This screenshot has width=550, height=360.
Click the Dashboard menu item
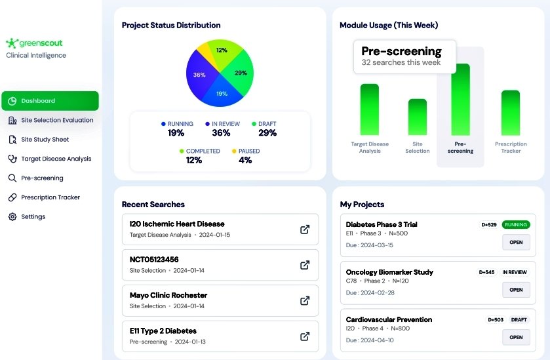[x=50, y=101]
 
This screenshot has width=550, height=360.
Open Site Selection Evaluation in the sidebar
[x=57, y=120]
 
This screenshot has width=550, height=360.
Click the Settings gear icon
[x=12, y=217]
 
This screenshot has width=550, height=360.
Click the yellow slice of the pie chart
[x=205, y=51]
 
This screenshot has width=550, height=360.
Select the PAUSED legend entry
[x=245, y=155]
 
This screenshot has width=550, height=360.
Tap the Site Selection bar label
[x=418, y=148]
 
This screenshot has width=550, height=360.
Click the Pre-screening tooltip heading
[x=401, y=51]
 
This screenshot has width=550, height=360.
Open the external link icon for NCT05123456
[x=305, y=265]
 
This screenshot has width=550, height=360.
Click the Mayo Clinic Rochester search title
[x=168, y=295]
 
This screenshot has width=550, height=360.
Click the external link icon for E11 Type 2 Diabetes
[x=305, y=336]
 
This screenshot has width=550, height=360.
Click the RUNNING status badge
[x=516, y=225]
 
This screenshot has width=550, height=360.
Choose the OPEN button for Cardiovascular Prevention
[x=516, y=337]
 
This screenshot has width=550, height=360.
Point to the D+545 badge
[x=486, y=272]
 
